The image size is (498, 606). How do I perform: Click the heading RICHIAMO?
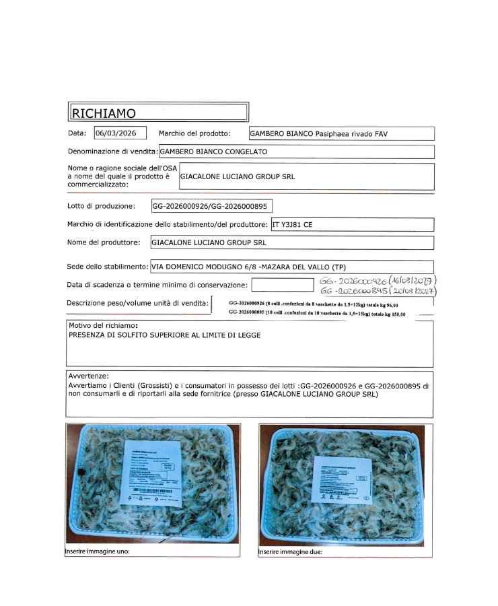coord(104,112)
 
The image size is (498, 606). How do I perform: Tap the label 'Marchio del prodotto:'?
coord(194,133)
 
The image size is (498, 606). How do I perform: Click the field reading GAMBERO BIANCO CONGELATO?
coord(213,152)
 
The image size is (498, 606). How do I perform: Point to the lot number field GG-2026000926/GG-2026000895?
coord(211,206)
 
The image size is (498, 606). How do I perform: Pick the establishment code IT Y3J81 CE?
coord(292,225)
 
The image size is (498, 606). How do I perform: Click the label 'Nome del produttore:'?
coord(104,242)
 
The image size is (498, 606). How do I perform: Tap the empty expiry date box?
coord(283,285)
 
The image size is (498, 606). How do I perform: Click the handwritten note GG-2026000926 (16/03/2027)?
coord(379,280)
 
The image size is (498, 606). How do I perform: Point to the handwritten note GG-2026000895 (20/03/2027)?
coord(379,292)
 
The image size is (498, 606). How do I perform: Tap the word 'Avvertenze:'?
coord(89,376)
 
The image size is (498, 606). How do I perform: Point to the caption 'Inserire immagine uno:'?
coord(98,551)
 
